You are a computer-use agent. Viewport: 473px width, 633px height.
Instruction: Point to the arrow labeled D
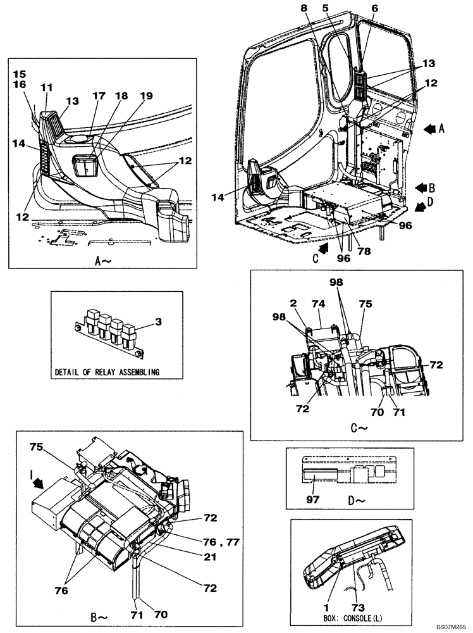[x=419, y=206]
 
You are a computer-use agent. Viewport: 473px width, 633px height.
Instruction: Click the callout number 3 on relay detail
[x=159, y=322]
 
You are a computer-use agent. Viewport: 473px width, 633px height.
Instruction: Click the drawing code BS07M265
[x=448, y=626]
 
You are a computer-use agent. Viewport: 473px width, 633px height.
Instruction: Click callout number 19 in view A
[x=146, y=96]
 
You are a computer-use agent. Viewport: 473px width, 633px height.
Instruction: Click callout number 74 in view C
[x=318, y=303]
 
